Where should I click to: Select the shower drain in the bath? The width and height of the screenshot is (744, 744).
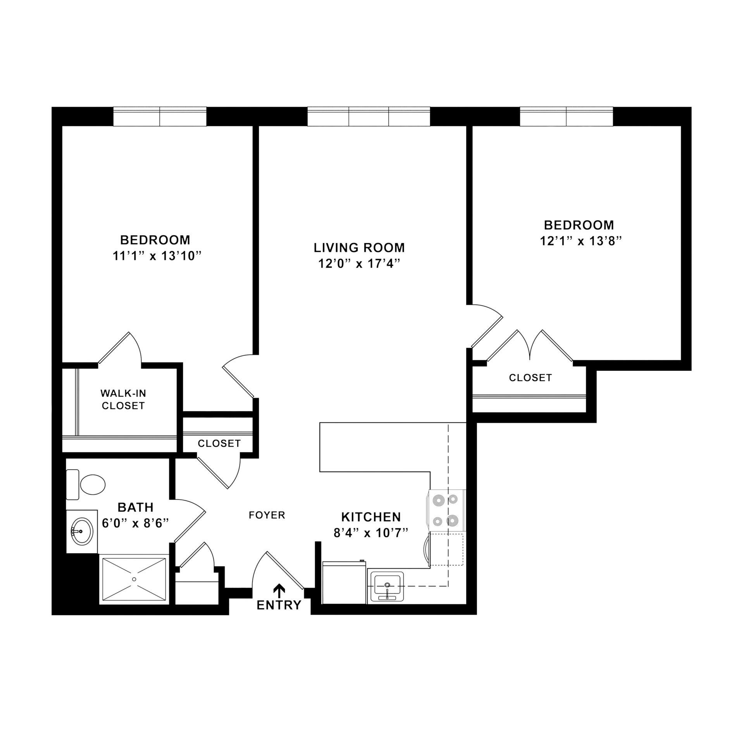click(134, 579)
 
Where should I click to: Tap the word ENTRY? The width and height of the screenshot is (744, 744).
click(279, 605)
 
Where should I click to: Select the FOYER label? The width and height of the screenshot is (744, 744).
click(267, 515)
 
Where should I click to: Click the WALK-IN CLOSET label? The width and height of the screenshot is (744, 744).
click(123, 400)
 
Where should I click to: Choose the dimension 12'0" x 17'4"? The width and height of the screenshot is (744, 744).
click(359, 264)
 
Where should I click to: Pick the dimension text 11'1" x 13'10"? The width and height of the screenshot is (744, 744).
click(158, 256)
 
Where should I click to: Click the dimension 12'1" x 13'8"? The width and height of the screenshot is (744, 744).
click(580, 241)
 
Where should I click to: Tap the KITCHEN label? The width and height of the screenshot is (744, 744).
click(371, 517)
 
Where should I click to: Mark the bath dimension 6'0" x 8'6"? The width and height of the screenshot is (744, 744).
click(135, 524)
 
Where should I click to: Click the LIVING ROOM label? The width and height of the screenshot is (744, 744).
click(359, 247)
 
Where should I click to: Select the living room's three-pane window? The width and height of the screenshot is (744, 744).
click(369, 116)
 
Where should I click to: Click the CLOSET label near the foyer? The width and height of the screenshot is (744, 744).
click(219, 443)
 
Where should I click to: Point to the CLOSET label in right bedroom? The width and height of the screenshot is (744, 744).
click(530, 377)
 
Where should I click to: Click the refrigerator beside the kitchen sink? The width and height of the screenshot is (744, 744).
click(344, 582)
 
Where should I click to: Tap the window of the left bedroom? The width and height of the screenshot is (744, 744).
click(160, 116)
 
